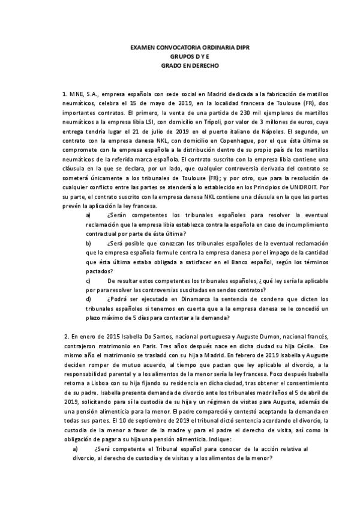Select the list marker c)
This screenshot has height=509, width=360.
[89, 280]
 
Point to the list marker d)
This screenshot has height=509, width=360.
[89, 298]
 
